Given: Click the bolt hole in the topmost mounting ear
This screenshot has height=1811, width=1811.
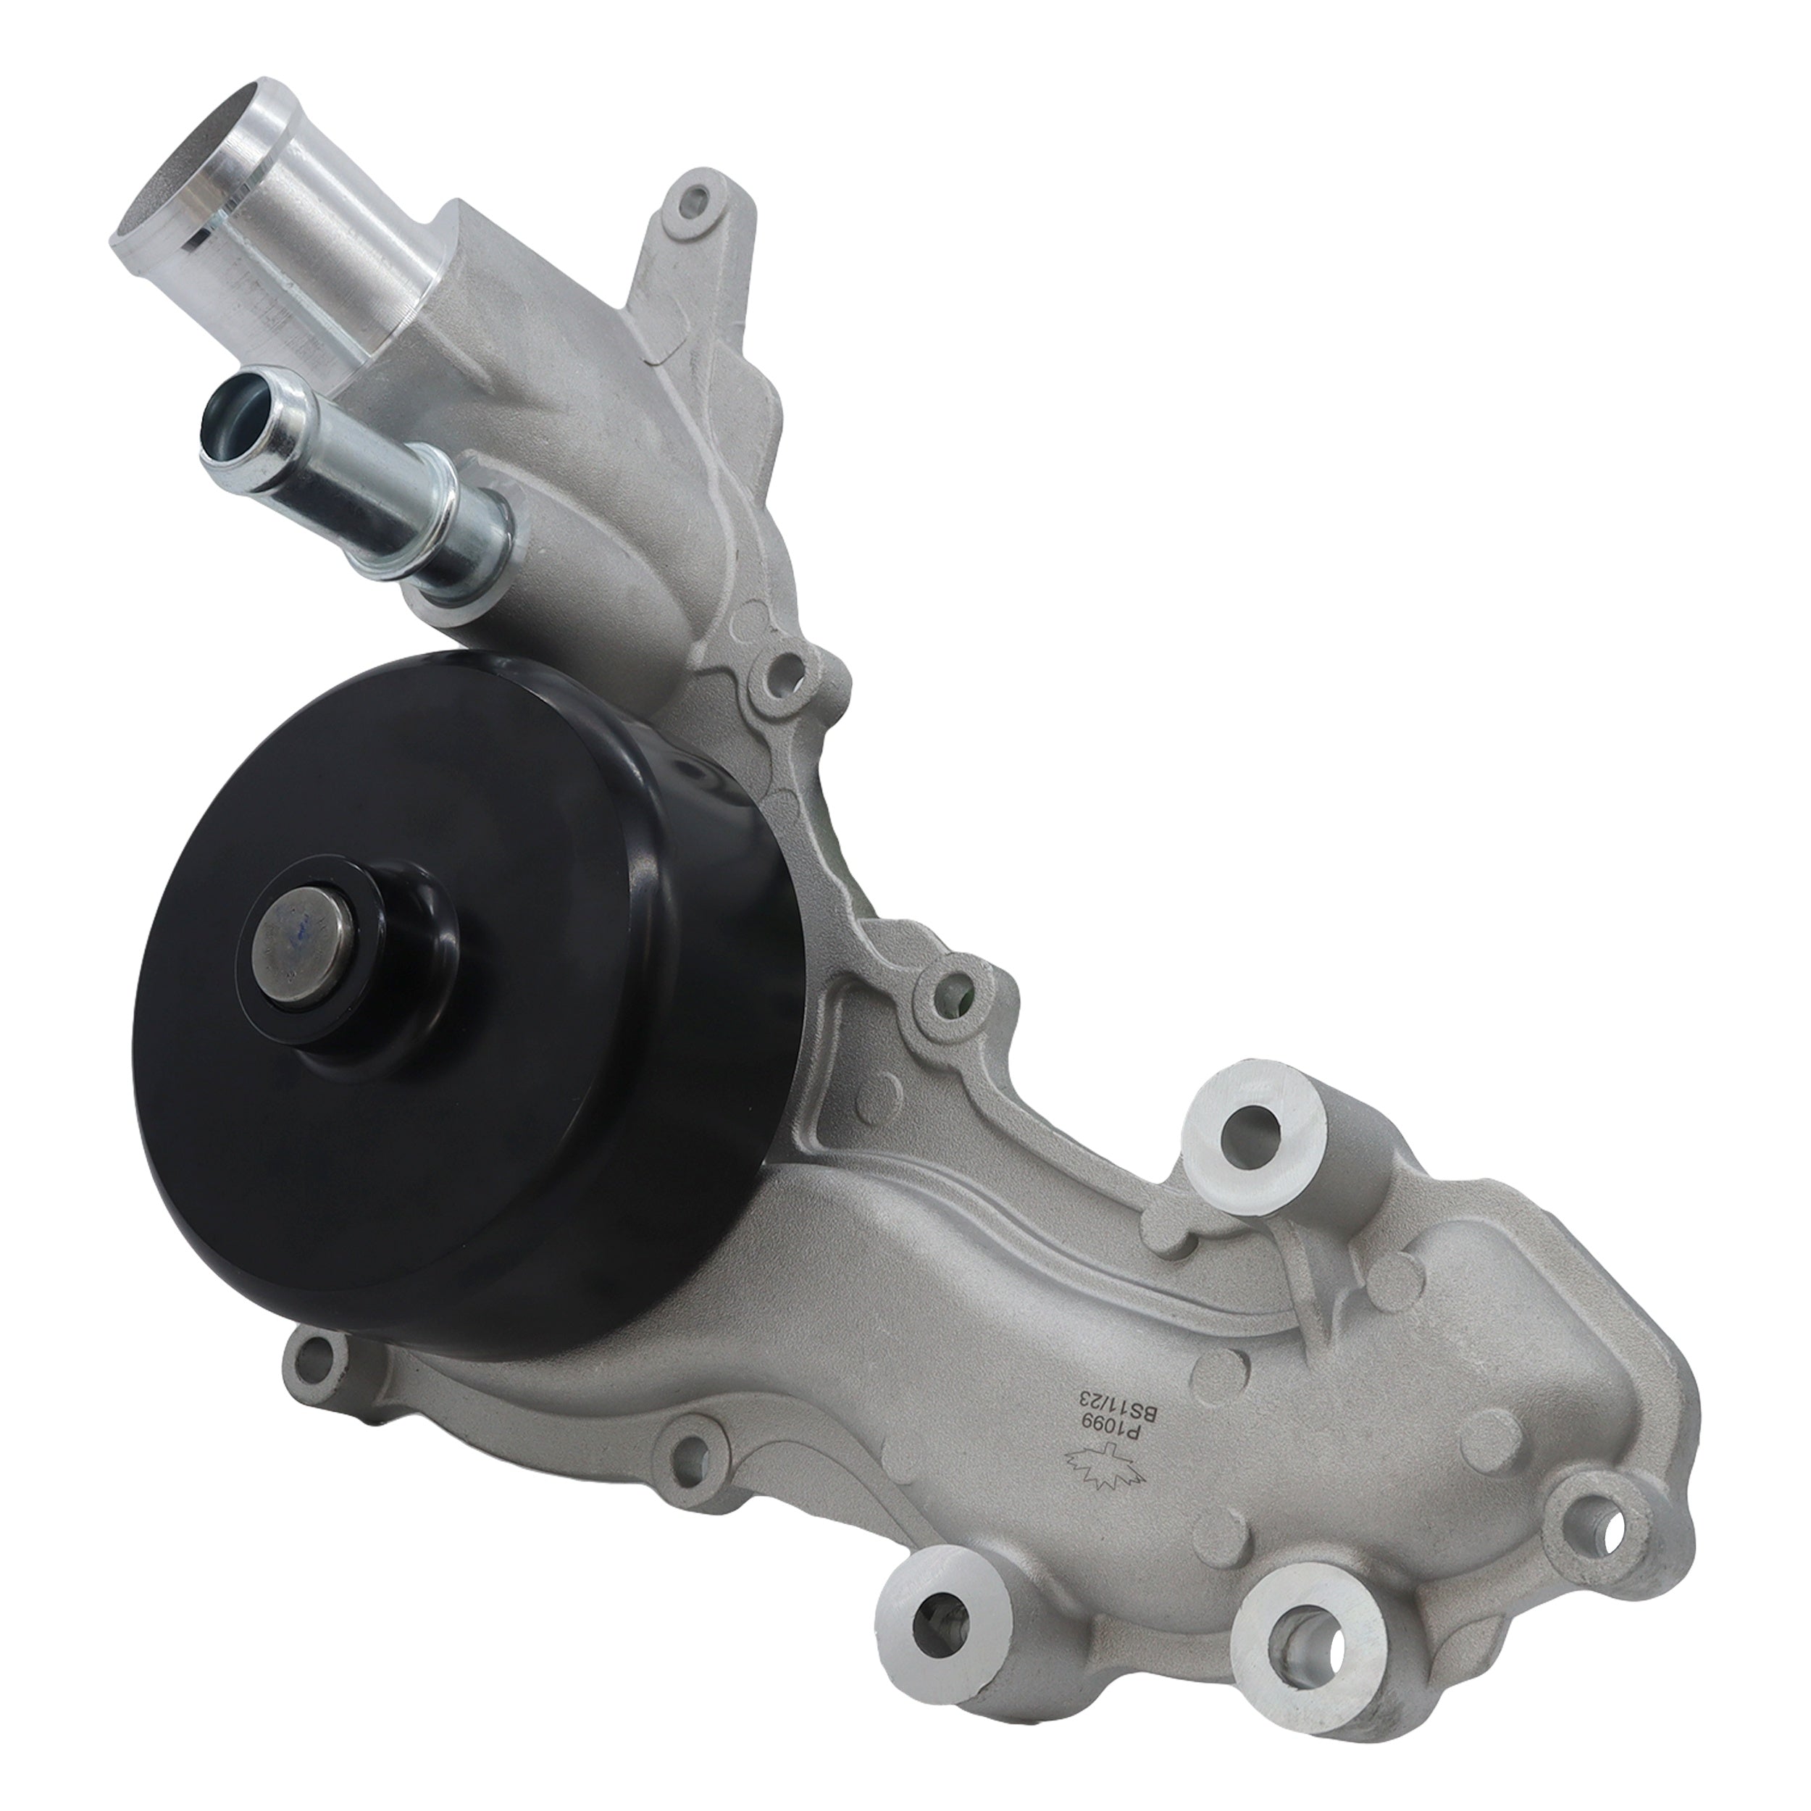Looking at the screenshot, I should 698,201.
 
